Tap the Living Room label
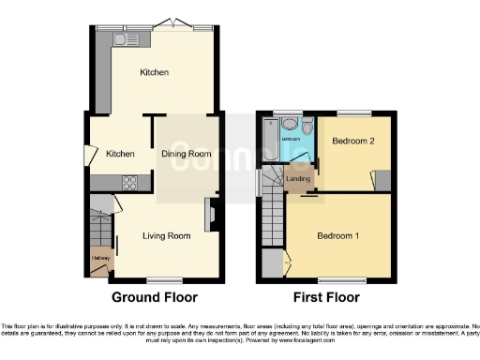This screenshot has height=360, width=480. coord(168,235)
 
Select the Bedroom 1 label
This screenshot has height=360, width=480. coord(337,235)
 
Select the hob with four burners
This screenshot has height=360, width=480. coord(129,183)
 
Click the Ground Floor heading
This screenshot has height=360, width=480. coord(155,297)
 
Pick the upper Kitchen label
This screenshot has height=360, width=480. coord(155,72)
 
